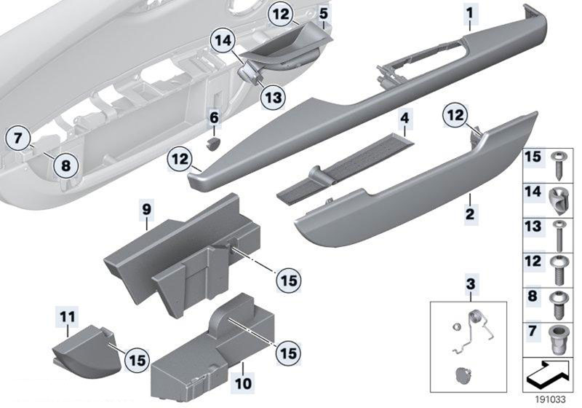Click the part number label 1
click(x=469, y=12)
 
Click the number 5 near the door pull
click(x=323, y=13)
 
